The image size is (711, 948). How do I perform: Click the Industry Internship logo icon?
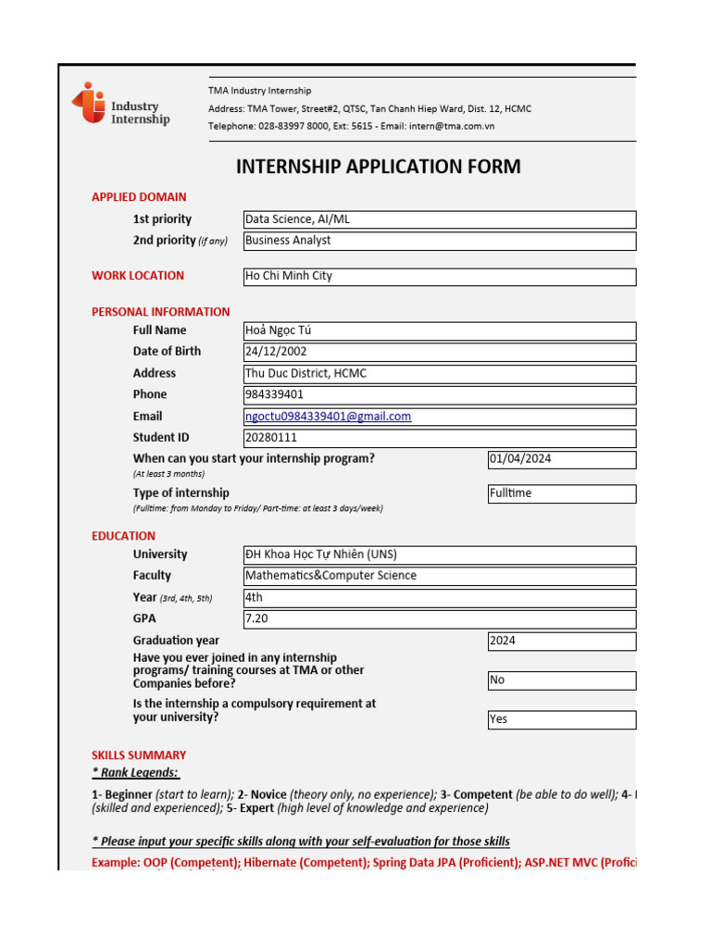89,103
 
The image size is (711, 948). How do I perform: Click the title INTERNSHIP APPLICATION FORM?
378,167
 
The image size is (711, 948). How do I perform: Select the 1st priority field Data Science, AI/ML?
439,219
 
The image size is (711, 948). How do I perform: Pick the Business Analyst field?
439,241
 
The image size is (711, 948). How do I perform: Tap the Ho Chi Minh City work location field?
439,276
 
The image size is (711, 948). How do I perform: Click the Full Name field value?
439,331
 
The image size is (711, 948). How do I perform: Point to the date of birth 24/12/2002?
439,352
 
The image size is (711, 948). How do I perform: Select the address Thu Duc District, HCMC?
439,373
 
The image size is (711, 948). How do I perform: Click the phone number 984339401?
439,394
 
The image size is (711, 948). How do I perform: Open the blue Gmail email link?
329,417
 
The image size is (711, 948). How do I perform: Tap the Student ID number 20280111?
439,438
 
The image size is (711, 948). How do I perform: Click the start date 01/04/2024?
561,459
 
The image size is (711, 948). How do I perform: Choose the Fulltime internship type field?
561,493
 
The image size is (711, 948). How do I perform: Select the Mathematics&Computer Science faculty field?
439,576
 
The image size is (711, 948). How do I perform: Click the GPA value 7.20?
439,618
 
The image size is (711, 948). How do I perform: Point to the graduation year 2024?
561,641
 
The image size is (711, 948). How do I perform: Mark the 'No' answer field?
561,680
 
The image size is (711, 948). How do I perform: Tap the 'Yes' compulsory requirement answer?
561,719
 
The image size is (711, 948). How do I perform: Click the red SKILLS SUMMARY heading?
139,755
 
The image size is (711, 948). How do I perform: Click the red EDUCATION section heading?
123,536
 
